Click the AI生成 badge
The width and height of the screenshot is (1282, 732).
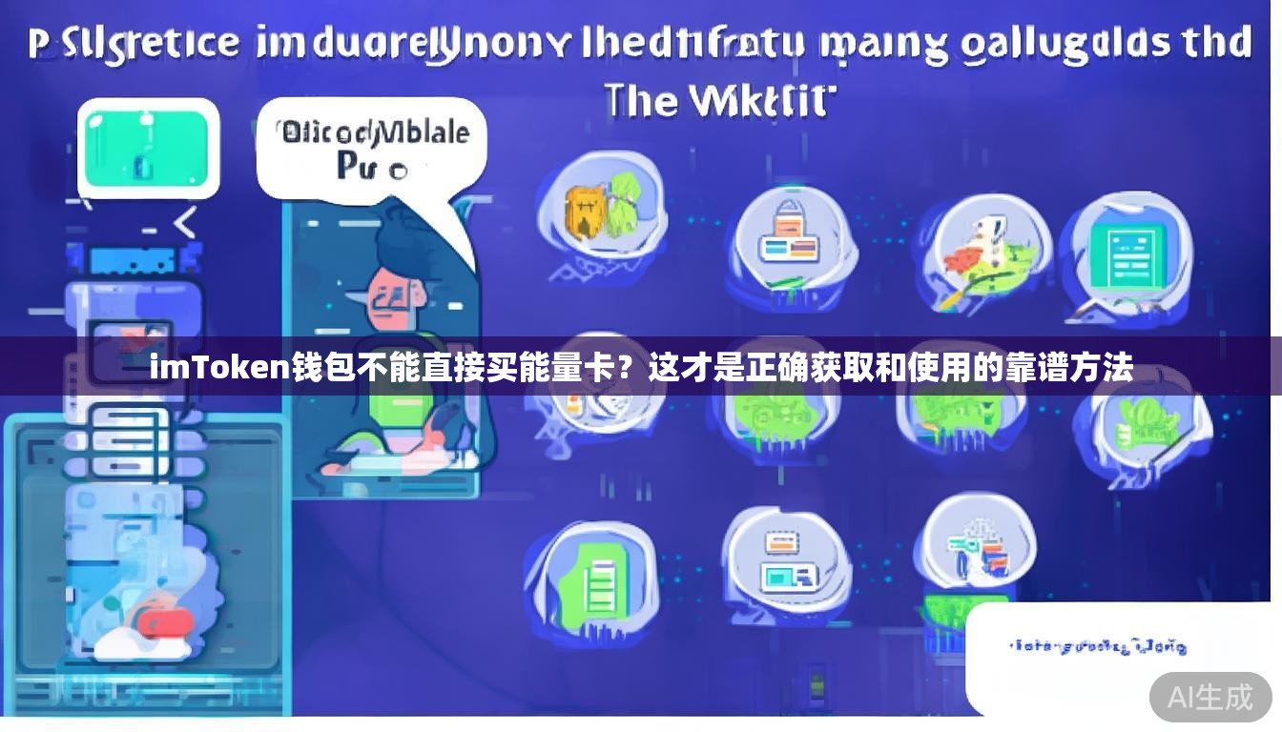pos(1210,697)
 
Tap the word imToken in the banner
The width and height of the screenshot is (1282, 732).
pos(219,367)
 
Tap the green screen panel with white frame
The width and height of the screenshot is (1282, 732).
pos(147,147)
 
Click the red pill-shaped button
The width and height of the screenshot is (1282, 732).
pos(164,624)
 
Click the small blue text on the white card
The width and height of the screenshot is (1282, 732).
pos(1097,647)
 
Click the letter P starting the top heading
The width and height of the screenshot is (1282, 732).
pos(38,45)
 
